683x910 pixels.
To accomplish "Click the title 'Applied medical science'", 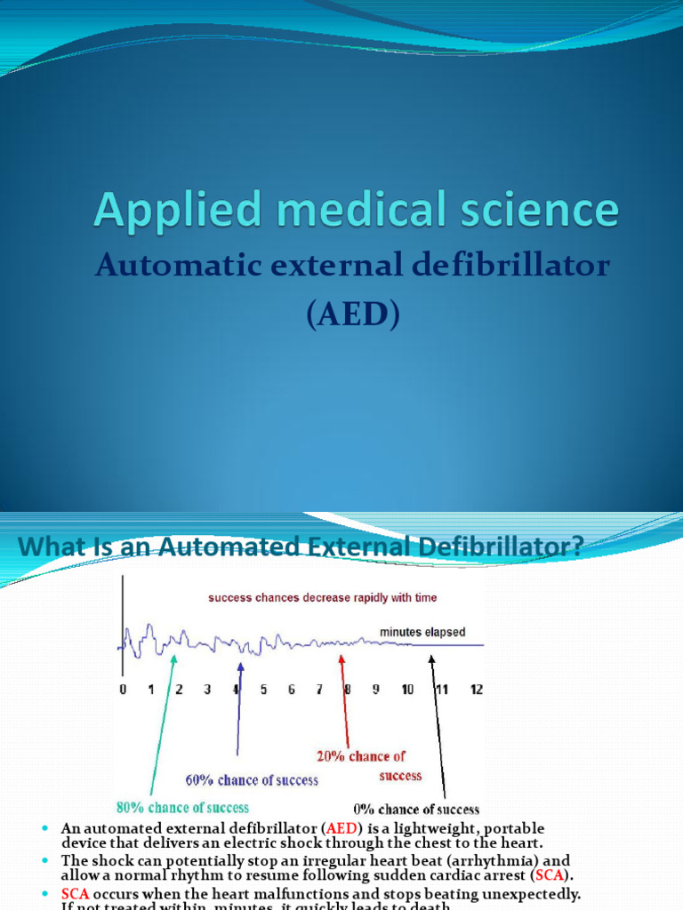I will point(357,212).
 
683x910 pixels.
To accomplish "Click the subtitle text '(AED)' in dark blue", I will point(353,315).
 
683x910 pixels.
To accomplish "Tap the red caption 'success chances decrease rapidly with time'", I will point(323,598).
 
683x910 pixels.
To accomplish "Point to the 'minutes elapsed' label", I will point(422,632).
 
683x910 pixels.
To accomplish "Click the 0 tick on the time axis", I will point(124,690).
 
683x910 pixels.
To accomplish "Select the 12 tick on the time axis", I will point(476,690).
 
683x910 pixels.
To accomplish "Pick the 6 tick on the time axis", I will point(291,690).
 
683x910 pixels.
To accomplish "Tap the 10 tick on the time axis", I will point(407,690).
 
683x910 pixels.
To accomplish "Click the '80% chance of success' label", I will point(183,808).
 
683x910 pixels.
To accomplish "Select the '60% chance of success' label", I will point(252,779).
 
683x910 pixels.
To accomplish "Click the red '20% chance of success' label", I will point(361,765).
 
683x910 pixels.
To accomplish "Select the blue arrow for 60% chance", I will point(238,711).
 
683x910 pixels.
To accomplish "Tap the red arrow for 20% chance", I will point(345,702).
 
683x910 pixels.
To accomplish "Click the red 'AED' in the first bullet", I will point(336,828).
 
